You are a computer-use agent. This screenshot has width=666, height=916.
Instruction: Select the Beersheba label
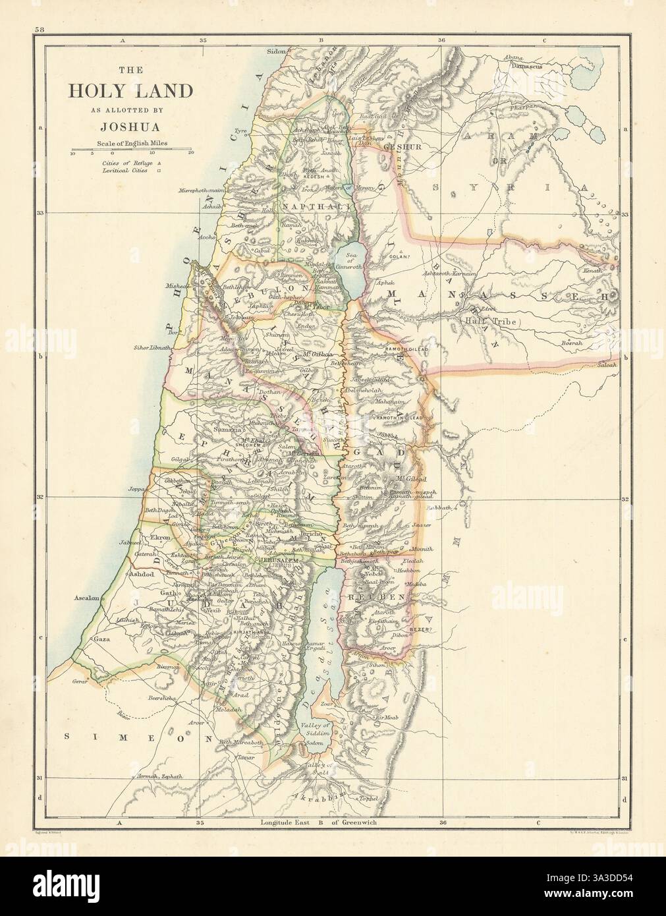[x=164, y=697]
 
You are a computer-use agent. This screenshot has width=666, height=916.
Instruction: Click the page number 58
[x=40, y=30]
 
